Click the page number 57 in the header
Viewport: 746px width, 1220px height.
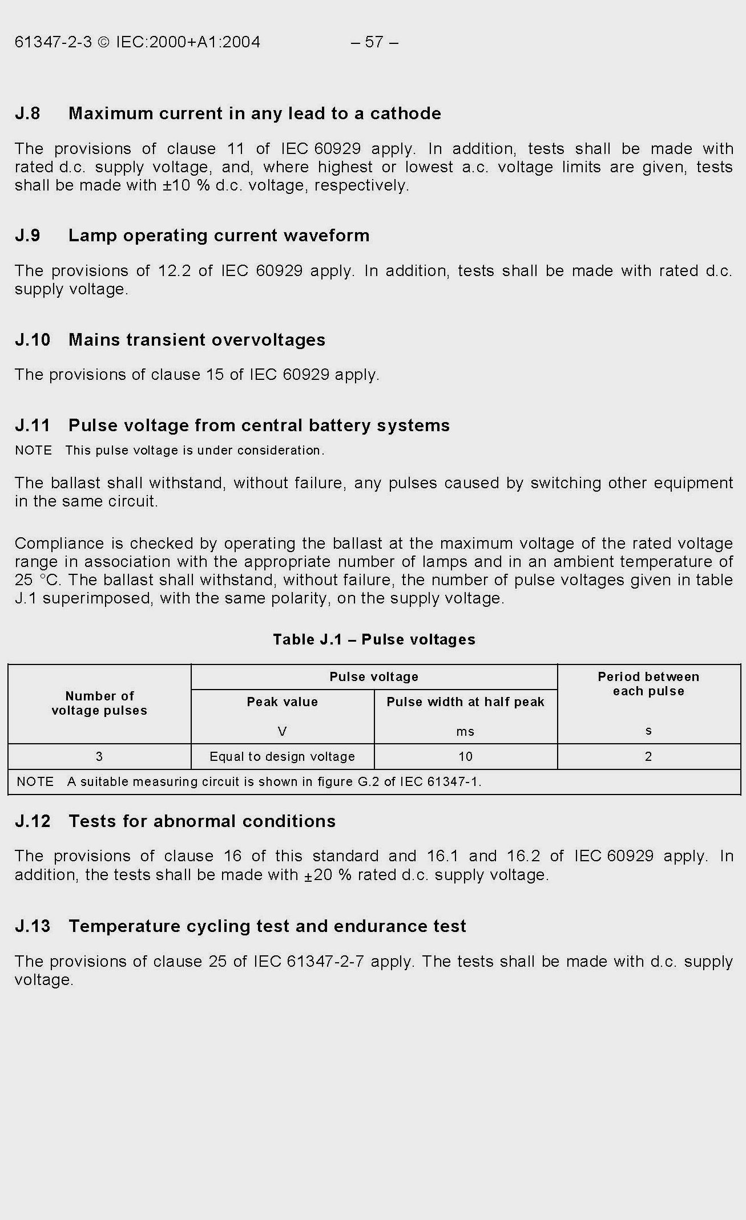click(x=374, y=42)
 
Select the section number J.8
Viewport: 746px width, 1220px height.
click(x=27, y=114)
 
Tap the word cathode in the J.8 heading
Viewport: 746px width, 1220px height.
click(x=405, y=114)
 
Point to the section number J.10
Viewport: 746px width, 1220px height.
click(x=33, y=340)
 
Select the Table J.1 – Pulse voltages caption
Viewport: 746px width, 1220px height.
click(x=374, y=639)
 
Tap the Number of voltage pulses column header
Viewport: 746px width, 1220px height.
click(x=99, y=703)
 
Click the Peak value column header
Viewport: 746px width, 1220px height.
click(x=282, y=702)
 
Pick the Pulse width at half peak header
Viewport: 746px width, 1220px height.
click(x=465, y=702)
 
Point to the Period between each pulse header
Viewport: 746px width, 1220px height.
click(x=648, y=684)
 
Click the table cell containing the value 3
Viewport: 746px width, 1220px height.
click(x=99, y=757)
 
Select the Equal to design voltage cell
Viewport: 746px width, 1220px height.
click(x=282, y=757)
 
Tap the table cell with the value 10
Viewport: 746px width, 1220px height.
click(x=465, y=757)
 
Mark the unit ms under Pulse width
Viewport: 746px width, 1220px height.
click(x=465, y=732)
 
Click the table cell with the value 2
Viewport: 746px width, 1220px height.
click(x=648, y=757)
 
